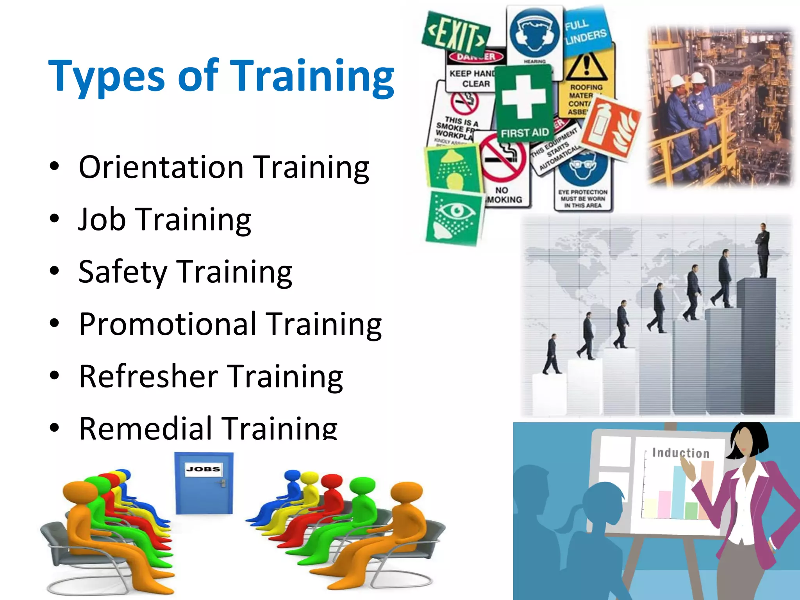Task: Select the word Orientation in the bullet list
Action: coord(161,167)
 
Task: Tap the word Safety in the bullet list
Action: coord(122,272)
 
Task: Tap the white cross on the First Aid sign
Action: coord(523,96)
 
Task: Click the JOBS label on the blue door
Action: coord(203,469)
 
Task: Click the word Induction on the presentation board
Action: coord(680,453)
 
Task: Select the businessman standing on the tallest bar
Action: coord(762,250)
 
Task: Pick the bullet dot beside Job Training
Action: coord(54,219)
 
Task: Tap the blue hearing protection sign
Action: coord(534,33)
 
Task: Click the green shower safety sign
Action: coord(453,168)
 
